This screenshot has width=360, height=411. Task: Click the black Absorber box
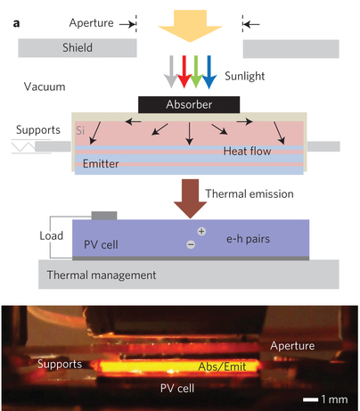189,104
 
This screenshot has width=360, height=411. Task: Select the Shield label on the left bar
78,47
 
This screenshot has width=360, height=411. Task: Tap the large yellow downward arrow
190,26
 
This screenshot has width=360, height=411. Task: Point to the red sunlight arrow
184,71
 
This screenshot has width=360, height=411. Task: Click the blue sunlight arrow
209,72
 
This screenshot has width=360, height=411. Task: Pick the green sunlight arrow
196,71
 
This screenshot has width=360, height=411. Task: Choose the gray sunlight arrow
171,71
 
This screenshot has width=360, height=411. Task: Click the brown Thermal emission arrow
190,199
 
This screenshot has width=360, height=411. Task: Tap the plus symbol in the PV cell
201,231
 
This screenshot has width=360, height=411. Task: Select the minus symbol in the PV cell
191,244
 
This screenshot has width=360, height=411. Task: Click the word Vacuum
45,86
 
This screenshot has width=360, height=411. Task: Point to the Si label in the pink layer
80,130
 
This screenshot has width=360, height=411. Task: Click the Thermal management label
102,275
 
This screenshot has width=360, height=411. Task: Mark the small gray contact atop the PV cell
104,216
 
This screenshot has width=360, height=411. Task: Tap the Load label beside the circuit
52,235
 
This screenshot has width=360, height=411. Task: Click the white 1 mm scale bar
310,399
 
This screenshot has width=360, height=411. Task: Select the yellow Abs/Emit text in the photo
222,366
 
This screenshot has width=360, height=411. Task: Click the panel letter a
16,23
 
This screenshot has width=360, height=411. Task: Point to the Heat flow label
247,152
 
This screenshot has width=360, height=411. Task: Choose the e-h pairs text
249,239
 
